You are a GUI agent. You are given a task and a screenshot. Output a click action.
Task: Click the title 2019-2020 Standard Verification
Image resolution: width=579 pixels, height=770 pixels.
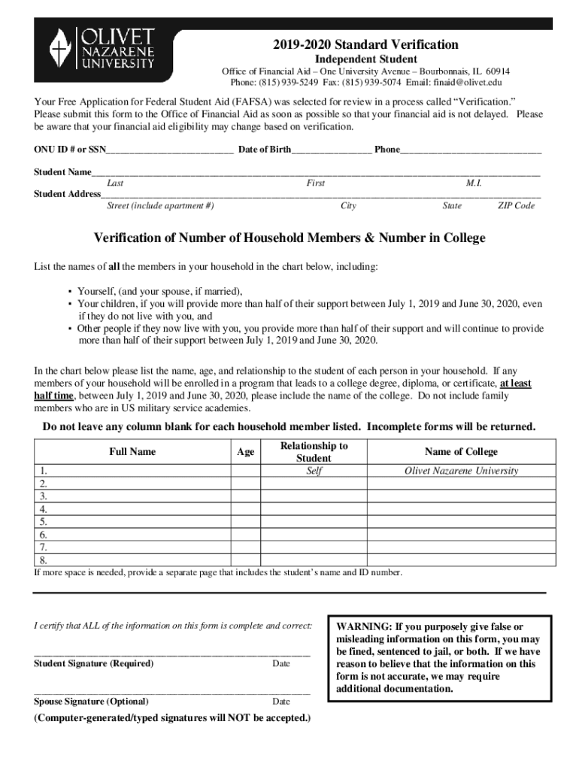pyautogui.click(x=366, y=44)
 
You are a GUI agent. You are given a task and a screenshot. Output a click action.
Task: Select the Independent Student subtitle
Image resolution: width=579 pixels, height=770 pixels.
pyautogui.click(x=366, y=59)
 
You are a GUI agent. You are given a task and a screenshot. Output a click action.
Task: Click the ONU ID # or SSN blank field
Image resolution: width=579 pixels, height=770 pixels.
pyautogui.click(x=170, y=150)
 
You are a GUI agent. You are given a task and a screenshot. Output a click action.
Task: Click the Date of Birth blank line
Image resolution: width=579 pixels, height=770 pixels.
pyautogui.click(x=331, y=150)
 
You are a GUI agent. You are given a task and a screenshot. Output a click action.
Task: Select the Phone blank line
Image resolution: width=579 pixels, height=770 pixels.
pyautogui.click(x=471, y=150)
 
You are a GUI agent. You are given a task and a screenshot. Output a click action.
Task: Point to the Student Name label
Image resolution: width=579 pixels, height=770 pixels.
pyautogui.click(x=63, y=172)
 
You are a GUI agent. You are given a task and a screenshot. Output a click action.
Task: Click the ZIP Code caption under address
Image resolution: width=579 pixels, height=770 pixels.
pyautogui.click(x=516, y=206)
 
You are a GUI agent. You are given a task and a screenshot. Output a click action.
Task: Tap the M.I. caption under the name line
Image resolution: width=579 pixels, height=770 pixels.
pyautogui.click(x=474, y=183)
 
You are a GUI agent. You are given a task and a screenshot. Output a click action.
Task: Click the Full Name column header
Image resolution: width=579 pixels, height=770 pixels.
pyautogui.click(x=132, y=452)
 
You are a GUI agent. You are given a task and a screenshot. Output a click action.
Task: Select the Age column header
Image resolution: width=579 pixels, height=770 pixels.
pyautogui.click(x=245, y=452)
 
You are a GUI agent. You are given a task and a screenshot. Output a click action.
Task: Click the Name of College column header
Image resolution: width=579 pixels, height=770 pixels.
pyautogui.click(x=461, y=452)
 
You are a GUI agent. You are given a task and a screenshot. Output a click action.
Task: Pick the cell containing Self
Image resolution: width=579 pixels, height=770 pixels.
pyautogui.click(x=314, y=471)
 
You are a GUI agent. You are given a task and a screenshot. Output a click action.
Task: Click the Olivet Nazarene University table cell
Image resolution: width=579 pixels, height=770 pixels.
pyautogui.click(x=461, y=471)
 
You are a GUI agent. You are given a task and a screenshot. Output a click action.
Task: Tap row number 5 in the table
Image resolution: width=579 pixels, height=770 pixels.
pyautogui.click(x=44, y=521)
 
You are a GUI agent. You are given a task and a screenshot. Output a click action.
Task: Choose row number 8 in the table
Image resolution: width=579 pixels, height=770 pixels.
pyautogui.click(x=44, y=560)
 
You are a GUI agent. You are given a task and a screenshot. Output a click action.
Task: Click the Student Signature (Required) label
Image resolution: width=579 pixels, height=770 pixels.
pyautogui.click(x=93, y=664)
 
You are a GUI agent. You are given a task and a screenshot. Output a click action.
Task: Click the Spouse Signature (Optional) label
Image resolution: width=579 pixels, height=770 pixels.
pyautogui.click(x=90, y=702)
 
